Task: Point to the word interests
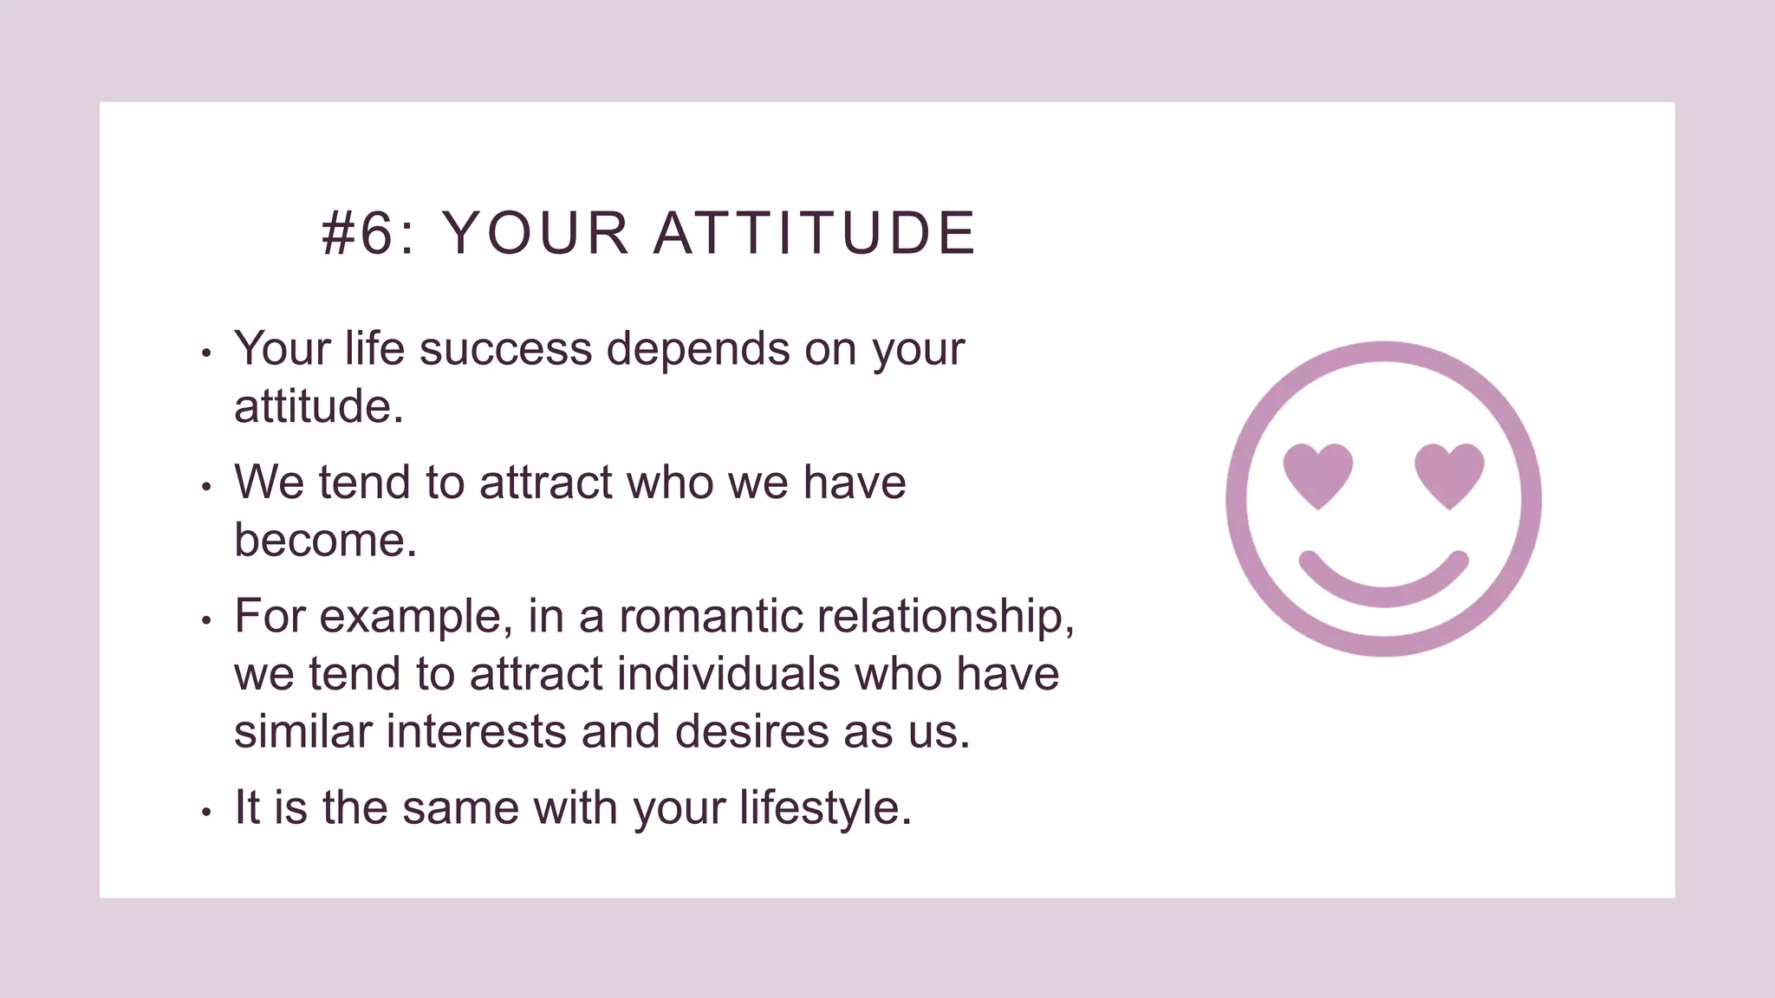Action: (476, 731)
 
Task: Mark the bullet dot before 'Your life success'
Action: (206, 353)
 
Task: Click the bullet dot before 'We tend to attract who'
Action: (206, 487)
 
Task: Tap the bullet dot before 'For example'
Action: (206, 620)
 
